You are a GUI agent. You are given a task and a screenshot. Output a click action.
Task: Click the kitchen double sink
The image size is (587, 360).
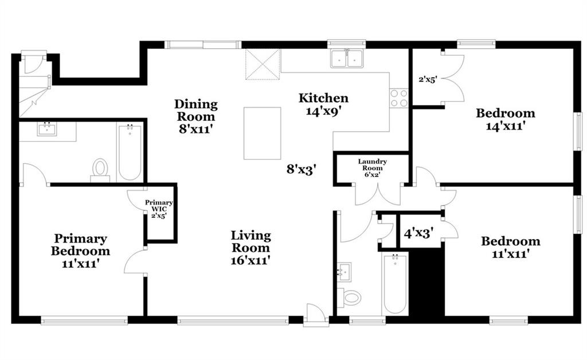click(347, 58)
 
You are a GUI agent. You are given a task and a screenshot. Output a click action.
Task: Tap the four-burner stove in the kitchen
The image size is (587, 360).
click(399, 99)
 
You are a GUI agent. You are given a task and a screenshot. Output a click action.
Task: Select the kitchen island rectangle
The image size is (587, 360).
click(262, 133)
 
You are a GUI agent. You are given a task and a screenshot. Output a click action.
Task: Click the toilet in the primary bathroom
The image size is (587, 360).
click(100, 169)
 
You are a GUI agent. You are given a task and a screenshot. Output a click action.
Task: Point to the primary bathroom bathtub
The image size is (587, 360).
click(130, 153)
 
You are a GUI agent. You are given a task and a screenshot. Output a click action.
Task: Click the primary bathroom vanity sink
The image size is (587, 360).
click(47, 130)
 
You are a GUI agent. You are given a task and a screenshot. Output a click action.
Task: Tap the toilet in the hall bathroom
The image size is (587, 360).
click(349, 298)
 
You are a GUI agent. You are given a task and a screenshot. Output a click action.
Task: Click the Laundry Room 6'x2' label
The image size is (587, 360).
click(372, 167)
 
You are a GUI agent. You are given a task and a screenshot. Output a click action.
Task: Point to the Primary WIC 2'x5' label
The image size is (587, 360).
click(159, 209)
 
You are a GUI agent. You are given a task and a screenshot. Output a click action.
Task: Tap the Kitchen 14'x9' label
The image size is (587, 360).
click(323, 104)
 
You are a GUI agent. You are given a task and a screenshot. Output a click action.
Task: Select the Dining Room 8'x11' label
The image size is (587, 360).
click(196, 116)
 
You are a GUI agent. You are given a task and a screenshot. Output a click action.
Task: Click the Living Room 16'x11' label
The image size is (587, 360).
click(251, 248)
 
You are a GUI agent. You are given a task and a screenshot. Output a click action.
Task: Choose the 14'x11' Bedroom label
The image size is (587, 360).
click(506, 119)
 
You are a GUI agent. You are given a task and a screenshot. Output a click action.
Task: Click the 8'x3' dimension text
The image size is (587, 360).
click(302, 170)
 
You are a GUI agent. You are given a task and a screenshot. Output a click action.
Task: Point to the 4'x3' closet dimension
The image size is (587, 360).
click(418, 233)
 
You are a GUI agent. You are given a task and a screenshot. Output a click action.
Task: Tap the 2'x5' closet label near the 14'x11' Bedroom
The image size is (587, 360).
click(428, 79)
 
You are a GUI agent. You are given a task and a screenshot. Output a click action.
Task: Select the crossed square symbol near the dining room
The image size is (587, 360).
click(263, 64)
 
